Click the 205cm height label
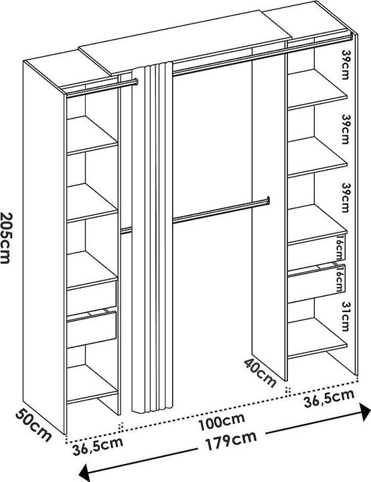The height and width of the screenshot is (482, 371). point(5,238)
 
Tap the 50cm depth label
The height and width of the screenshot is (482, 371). point(33,425)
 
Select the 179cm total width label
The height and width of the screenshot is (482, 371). point(231,440)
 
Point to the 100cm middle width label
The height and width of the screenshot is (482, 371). point(222,421)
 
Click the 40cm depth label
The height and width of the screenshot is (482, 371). point(261,373)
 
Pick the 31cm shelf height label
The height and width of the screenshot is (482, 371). point(346,316)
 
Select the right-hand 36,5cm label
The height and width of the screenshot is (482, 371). point(329,399)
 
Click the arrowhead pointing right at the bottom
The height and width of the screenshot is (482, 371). point(365,412)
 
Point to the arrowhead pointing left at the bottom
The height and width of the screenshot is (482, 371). point(84,473)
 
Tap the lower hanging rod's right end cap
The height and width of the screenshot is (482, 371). point(269,200)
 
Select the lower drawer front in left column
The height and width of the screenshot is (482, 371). point(92,329)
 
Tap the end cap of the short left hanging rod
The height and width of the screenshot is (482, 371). point(136,82)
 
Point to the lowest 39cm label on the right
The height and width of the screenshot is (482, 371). point(346,197)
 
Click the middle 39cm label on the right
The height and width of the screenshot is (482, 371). point(346,129)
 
